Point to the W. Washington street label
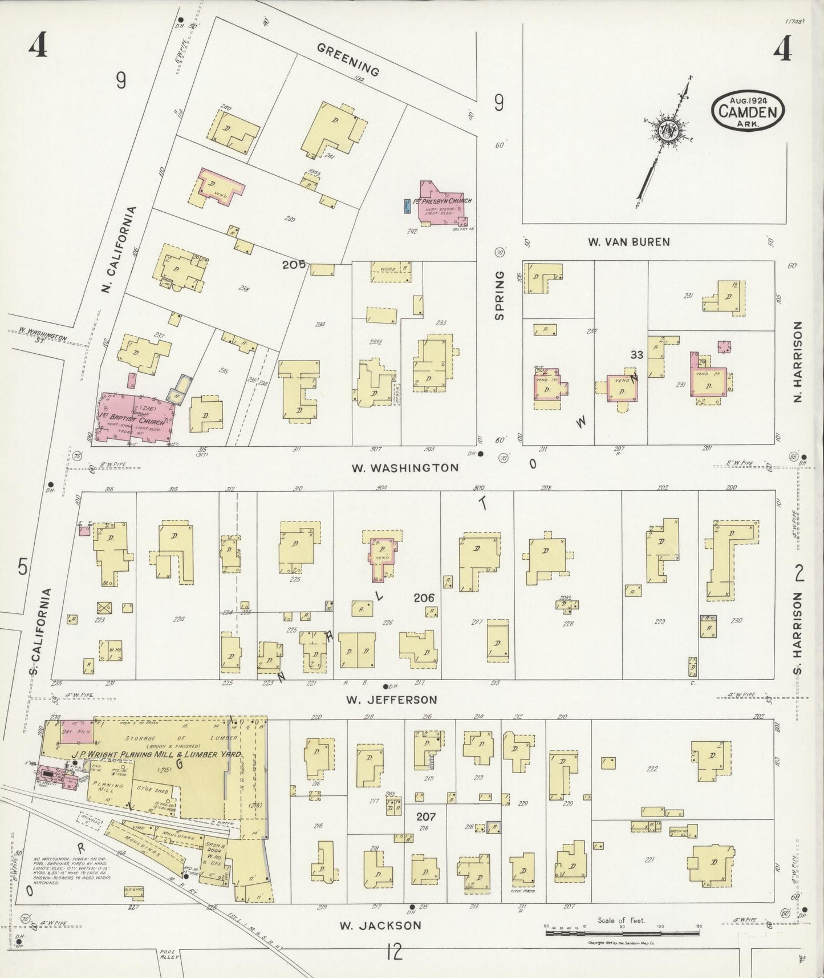point(404,468)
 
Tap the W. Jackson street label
point(380,926)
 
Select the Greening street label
point(348,60)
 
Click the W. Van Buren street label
point(629,242)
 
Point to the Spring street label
point(500,295)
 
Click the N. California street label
point(120,250)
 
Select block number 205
point(293,265)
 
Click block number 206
point(424,598)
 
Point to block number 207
point(425,817)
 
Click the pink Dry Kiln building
point(76,732)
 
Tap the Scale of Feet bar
point(622,933)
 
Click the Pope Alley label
point(169,954)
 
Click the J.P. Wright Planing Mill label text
point(156,754)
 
